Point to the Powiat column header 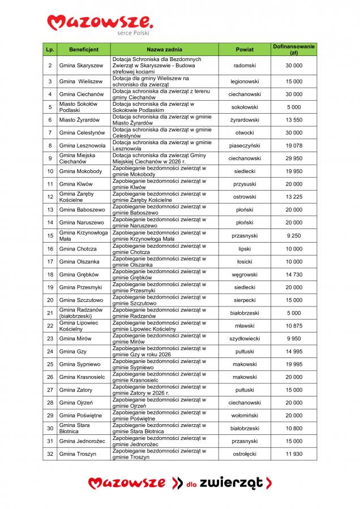click(x=245, y=50)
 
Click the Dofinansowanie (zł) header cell click(x=294, y=49)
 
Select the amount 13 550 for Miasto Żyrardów click(x=294, y=120)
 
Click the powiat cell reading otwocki click(x=245, y=133)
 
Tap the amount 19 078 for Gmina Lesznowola click(x=294, y=145)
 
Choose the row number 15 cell click(x=50, y=235)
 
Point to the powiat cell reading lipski click(x=245, y=249)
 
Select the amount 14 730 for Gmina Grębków click(x=294, y=274)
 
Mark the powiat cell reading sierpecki click(x=245, y=300)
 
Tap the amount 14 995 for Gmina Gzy click(x=294, y=352)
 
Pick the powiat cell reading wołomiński click(x=245, y=416)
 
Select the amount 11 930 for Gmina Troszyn click(x=294, y=454)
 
